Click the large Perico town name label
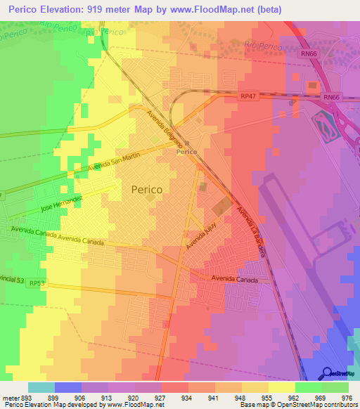tap(147, 190)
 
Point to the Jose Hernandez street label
tap(62, 204)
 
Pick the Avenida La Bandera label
tap(251, 231)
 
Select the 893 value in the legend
tap(28, 396)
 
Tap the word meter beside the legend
tap(10, 396)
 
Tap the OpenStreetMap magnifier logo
tap(326, 372)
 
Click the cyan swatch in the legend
tap(41, 387)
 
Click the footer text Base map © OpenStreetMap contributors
tap(297, 405)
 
